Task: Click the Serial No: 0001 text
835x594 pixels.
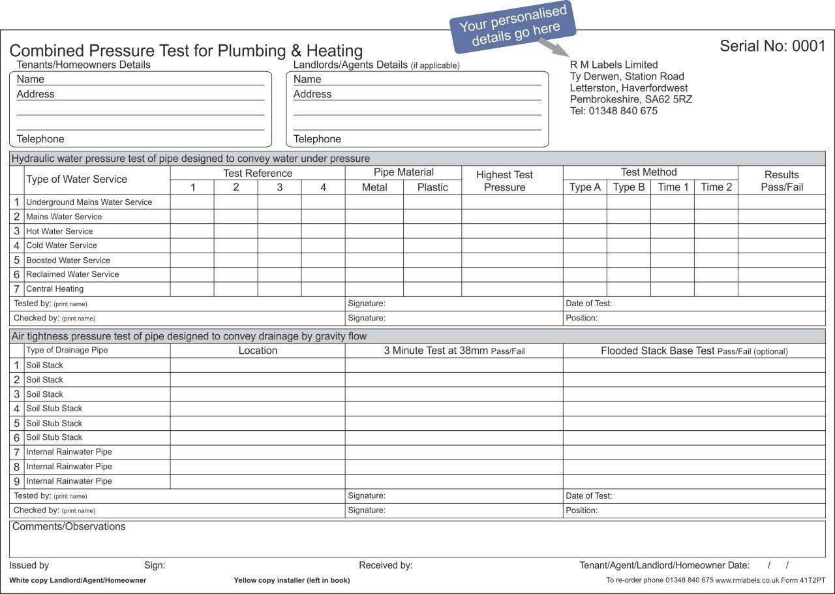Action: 772,46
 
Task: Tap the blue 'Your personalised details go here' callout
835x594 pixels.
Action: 513,26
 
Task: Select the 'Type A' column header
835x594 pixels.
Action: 584,187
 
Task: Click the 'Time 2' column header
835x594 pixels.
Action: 716,187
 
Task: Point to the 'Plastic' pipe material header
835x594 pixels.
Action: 433,187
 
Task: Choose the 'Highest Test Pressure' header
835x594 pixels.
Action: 504,181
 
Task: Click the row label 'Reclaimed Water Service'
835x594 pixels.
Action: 72,274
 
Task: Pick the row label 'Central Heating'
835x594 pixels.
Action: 55,289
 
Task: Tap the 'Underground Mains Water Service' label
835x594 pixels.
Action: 89,202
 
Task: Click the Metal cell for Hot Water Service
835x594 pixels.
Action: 374,231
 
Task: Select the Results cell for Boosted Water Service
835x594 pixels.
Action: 781,260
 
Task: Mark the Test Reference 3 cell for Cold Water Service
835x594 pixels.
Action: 279,245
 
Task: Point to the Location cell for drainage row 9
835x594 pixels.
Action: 258,481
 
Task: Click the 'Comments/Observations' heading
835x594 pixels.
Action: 69,527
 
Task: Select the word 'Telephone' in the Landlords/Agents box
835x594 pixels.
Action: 317,139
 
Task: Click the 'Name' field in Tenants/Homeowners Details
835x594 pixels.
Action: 140,79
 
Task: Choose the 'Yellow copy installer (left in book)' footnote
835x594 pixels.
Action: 292,580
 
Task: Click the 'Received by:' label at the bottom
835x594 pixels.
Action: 386,565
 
